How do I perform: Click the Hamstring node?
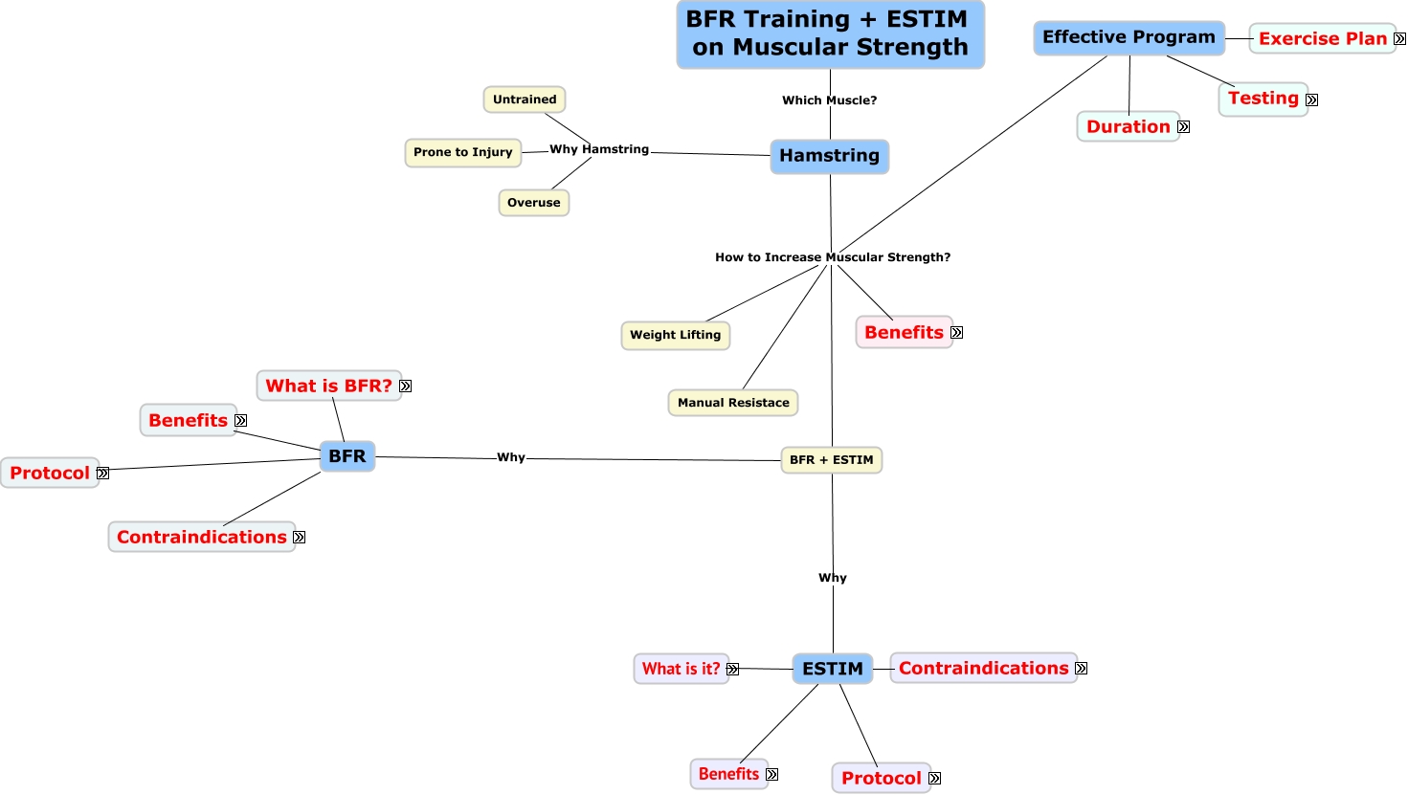829,156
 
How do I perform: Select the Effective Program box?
1129,37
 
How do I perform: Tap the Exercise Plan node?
1322,39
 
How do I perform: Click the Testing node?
1263,99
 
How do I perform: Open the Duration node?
1128,127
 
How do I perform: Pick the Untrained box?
525,99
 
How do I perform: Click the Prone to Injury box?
462,152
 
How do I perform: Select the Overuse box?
533,203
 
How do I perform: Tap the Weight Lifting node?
675,335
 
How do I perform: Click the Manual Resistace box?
733,403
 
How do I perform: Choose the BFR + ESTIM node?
831,460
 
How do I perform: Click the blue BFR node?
346,456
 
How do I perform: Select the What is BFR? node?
328,386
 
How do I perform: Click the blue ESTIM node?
832,669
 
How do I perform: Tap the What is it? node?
681,669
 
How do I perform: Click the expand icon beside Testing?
1311,99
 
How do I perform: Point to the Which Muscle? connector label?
829,100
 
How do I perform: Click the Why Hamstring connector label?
599,149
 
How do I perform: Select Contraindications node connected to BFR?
201,537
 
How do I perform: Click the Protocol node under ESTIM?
881,778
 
